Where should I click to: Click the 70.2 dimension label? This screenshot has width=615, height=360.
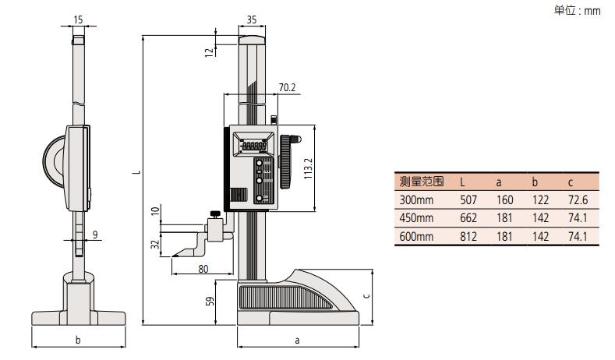[287, 88]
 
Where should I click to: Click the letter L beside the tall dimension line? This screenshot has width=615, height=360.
[136, 172]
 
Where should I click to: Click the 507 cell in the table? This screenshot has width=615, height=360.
[468, 199]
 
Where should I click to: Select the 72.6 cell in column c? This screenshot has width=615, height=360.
[578, 199]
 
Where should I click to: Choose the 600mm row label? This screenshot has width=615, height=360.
[416, 236]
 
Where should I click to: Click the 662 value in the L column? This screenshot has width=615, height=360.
[468, 217]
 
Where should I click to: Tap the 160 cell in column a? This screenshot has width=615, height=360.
[504, 199]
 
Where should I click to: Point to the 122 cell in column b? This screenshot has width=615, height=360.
[540, 199]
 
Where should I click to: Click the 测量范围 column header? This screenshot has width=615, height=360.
[421, 181]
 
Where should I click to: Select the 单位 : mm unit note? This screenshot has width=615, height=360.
[578, 10]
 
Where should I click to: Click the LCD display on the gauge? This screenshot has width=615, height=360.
[254, 146]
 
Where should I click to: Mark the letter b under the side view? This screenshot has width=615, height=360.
[78, 340]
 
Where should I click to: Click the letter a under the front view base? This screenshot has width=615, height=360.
[298, 340]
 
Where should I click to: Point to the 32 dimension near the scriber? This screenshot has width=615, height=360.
[155, 245]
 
